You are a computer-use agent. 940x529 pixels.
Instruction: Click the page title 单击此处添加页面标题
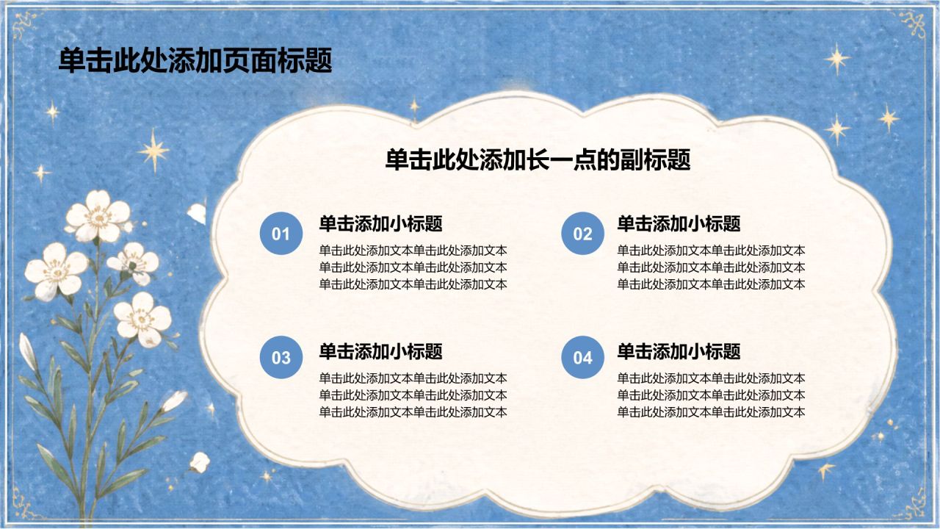195,61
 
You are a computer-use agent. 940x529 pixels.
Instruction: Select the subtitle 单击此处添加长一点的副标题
538,160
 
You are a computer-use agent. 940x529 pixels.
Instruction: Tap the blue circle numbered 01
281,234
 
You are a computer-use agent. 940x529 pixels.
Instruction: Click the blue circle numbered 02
583,234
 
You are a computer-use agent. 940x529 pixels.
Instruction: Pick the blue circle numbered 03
281,357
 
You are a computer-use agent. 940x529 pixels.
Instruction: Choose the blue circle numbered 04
583,357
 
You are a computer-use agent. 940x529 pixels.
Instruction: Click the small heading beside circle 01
380,223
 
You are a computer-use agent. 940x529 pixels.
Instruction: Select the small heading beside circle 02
679,223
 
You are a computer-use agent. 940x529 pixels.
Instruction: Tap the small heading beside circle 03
380,351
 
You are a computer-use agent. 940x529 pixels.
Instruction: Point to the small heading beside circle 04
679,351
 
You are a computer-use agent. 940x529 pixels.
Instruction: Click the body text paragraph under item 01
413,267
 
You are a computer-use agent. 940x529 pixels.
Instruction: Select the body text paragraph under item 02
711,267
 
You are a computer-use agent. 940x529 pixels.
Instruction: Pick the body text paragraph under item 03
413,395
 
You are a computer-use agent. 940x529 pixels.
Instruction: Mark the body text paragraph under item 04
711,395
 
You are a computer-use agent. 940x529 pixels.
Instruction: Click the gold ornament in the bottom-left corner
26,504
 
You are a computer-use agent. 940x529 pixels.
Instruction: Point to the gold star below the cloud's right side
825,470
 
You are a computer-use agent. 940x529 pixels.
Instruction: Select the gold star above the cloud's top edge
415,107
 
